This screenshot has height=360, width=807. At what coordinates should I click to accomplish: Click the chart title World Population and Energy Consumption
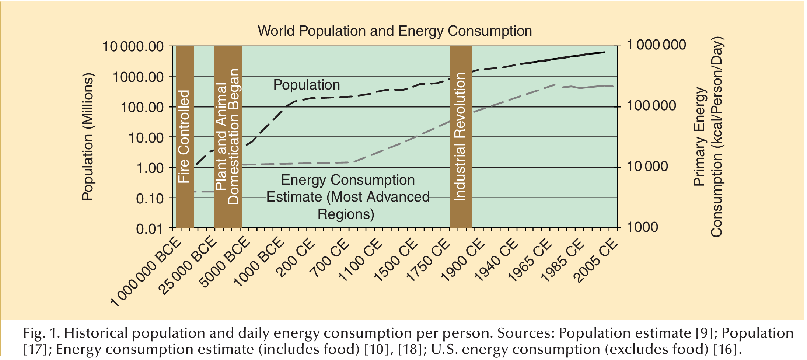pyautogui.click(x=395, y=31)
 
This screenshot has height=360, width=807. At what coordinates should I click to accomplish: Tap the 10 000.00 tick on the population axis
pyautogui.click(x=133, y=47)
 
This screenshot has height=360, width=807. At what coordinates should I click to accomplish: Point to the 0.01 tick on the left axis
pyautogui.click(x=149, y=229)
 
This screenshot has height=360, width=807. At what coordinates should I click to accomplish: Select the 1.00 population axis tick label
pyautogui.click(x=150, y=168)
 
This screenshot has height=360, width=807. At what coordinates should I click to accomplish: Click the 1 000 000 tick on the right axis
pyautogui.click(x=656, y=45)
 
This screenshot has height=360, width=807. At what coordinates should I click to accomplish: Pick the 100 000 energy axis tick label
pyautogui.click(x=651, y=106)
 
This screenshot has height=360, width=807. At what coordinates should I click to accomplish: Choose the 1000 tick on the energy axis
pyautogui.click(x=642, y=227)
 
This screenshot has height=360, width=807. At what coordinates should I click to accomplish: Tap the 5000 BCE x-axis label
pyautogui.click(x=225, y=262)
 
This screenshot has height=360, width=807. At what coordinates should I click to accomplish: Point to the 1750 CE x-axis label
pyautogui.click(x=428, y=261)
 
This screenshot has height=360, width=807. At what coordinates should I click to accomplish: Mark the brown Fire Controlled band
pyautogui.click(x=185, y=137)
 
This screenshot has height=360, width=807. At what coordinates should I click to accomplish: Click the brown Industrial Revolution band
pyautogui.click(x=461, y=137)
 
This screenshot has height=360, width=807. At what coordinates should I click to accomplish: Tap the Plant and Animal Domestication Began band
pyautogui.click(x=228, y=137)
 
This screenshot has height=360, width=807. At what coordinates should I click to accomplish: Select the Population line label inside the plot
pyautogui.click(x=307, y=85)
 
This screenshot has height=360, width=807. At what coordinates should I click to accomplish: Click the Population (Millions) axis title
pyautogui.click(x=88, y=137)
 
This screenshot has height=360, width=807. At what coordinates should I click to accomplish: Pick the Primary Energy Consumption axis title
pyautogui.click(x=709, y=137)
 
